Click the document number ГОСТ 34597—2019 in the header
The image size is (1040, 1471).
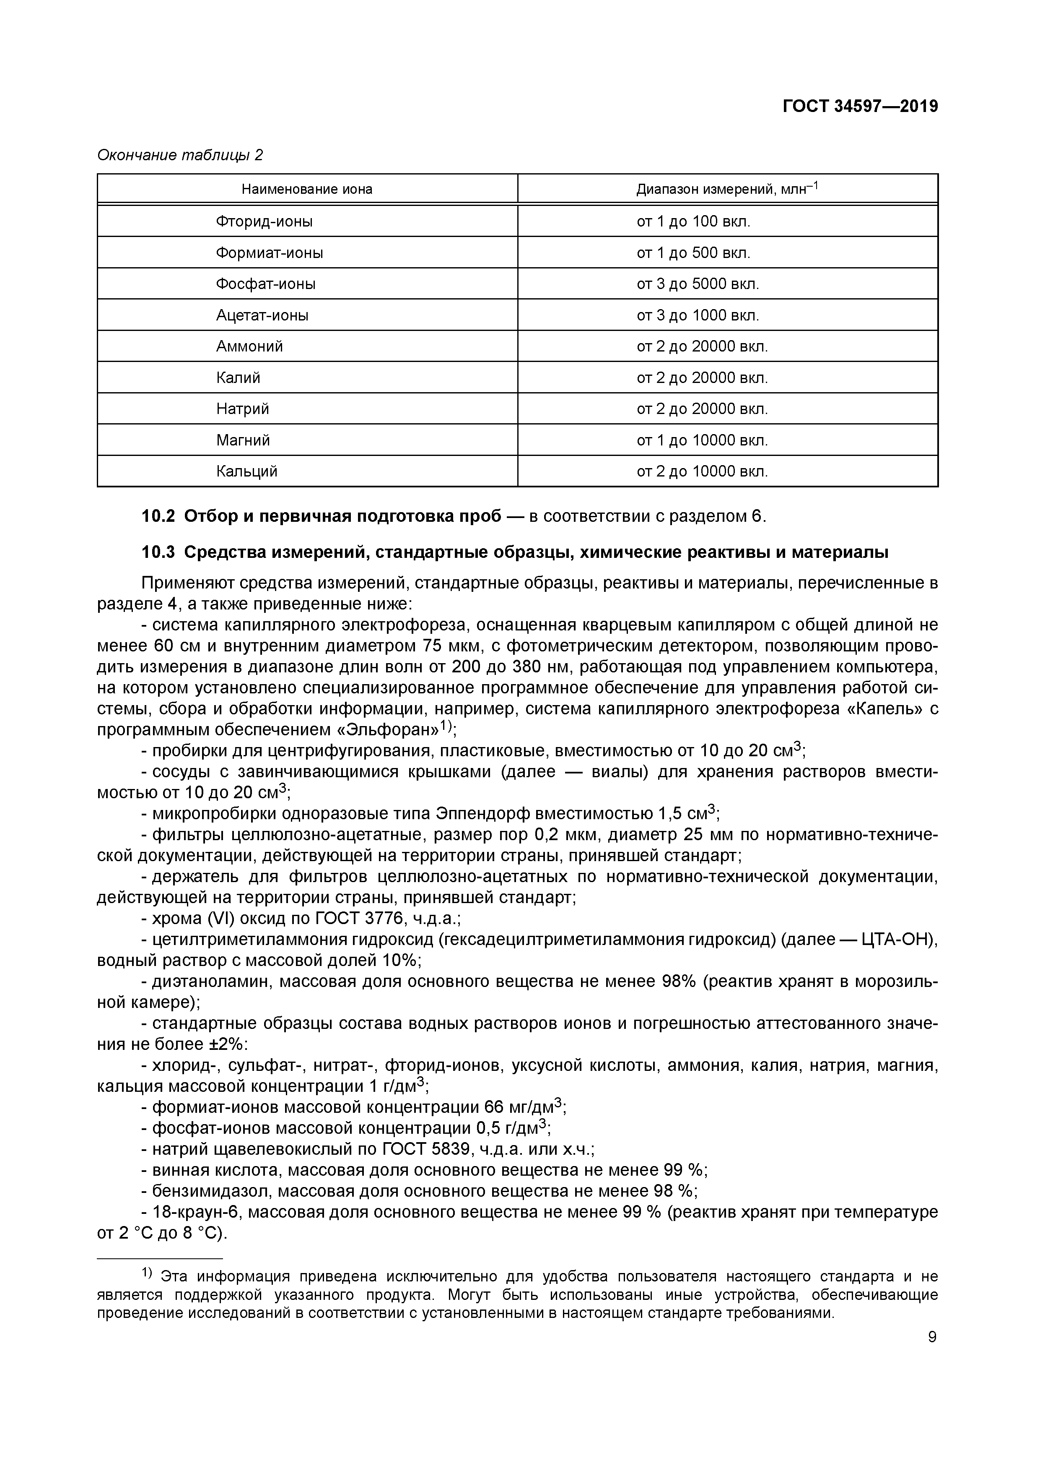(x=859, y=107)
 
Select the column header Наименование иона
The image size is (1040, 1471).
(x=307, y=189)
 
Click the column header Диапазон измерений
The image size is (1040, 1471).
(x=727, y=189)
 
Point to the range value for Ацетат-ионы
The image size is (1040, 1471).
(x=698, y=315)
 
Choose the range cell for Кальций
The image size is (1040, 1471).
(x=702, y=471)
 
